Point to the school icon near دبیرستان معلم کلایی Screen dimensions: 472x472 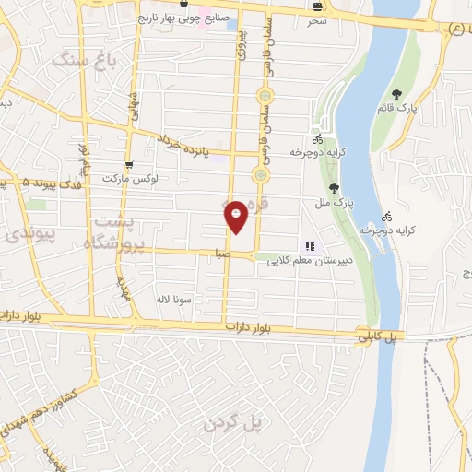coord(311,247)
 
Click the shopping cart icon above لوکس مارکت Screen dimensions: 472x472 coord(130,163)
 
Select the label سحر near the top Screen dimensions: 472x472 coord(317,18)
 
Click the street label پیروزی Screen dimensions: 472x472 coord(241,41)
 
